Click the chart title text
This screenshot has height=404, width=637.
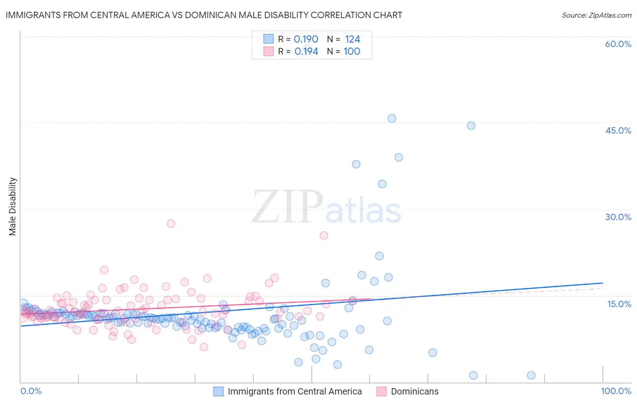coord(204,15)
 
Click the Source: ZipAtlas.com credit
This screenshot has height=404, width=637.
coord(596,15)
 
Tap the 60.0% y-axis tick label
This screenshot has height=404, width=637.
coord(618,44)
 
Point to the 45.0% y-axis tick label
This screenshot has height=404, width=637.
coord(618,130)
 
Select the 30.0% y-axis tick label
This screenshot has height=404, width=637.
coord(618,217)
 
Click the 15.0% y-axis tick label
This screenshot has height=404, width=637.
coord(619,303)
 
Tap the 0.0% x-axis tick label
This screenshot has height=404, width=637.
coord(31,391)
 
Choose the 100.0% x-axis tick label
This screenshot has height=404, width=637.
coord(616,391)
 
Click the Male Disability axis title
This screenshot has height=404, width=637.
coord(13,206)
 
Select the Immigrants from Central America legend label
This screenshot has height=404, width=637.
coord(294,391)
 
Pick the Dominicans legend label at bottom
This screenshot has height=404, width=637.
coord(415,391)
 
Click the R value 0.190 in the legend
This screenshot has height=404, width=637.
coord(306,39)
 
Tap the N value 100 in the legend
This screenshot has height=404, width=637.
coord(352,51)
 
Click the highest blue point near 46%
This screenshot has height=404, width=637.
coord(392,118)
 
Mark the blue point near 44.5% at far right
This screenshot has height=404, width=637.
coord(471,125)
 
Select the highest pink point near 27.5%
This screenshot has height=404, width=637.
coord(171,223)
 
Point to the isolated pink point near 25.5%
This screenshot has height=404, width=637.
coord(324,236)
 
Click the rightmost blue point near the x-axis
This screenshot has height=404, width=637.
coord(531,375)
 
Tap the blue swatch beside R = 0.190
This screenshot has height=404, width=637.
coord(269,39)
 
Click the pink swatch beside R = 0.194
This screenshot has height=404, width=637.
coord(269,51)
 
